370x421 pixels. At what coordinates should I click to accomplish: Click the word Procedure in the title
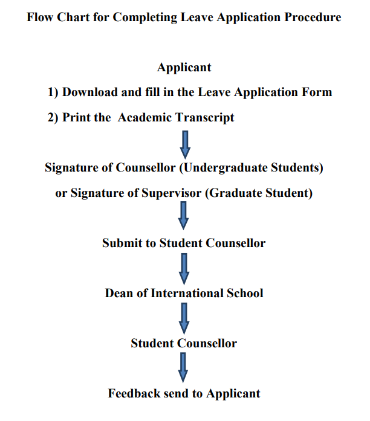(x=314, y=17)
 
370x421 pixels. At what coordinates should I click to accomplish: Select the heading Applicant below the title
(x=184, y=67)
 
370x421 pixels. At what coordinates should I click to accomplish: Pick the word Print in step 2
(x=77, y=118)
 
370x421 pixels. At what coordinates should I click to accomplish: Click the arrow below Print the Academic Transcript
(x=184, y=143)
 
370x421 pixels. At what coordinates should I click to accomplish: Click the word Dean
(x=119, y=294)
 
